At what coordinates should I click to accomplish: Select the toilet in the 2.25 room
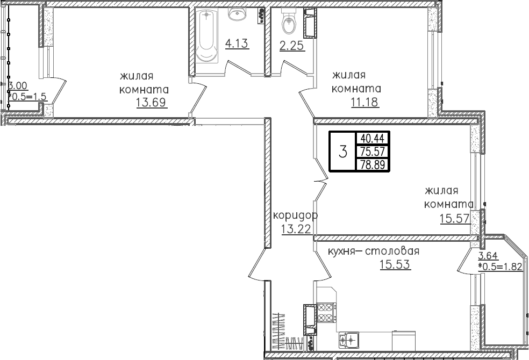pyautogui.click(x=289, y=21)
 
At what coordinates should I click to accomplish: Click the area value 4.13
pyautogui.click(x=237, y=44)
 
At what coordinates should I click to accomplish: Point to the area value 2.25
pyautogui.click(x=292, y=46)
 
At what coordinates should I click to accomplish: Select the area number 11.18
pyautogui.click(x=364, y=102)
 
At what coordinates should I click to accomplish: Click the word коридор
pyautogui.click(x=295, y=215)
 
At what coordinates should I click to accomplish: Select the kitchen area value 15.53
pyautogui.click(x=395, y=264)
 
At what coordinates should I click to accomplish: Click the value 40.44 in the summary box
pyautogui.click(x=373, y=139)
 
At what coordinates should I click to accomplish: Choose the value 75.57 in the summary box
pyautogui.click(x=373, y=152)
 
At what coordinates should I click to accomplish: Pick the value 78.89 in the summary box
pyautogui.click(x=373, y=165)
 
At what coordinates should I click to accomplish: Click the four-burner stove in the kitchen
pyautogui.click(x=326, y=313)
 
